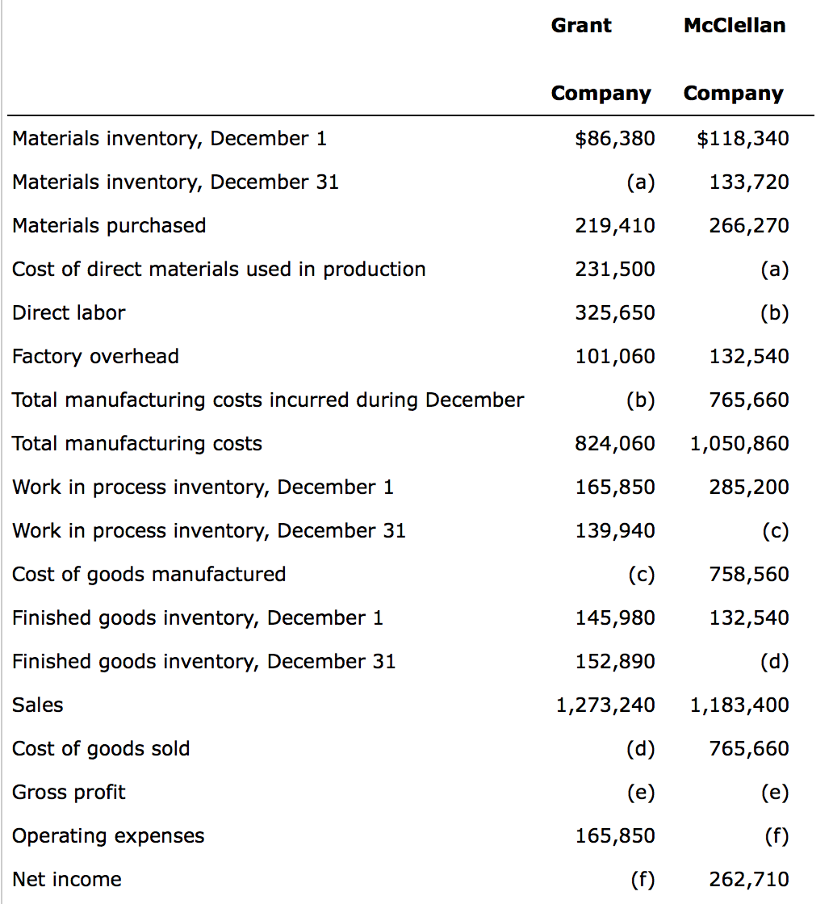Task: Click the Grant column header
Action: click(580, 26)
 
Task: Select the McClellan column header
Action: click(734, 26)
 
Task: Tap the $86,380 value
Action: click(614, 139)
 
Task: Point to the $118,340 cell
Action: click(743, 139)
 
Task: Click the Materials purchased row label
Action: click(109, 226)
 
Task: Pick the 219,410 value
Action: click(614, 226)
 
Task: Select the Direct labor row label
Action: click(69, 313)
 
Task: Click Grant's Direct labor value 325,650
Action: click(614, 313)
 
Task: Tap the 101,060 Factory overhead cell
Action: click(614, 357)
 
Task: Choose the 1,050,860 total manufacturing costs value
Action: click(739, 444)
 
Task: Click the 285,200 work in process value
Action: click(748, 488)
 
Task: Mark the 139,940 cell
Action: click(614, 531)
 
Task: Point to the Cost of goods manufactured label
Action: click(149, 575)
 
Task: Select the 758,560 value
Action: click(748, 575)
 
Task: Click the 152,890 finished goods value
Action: click(614, 662)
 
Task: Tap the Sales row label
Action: click(38, 705)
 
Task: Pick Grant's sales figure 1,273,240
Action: click(605, 705)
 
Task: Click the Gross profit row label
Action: click(69, 793)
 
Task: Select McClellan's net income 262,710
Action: click(748, 880)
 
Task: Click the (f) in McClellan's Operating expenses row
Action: click(774, 836)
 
